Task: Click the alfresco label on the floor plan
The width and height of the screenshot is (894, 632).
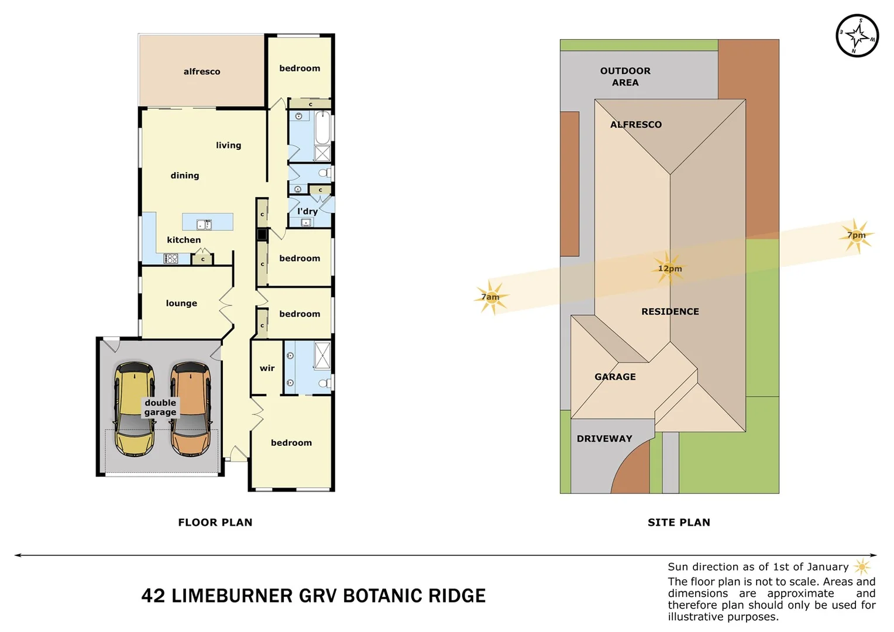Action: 202,71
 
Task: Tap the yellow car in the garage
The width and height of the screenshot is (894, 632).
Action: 135,409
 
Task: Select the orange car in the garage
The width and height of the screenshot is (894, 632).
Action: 191,409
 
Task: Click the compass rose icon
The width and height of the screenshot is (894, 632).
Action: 857,36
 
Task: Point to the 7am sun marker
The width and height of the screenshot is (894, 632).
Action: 491,297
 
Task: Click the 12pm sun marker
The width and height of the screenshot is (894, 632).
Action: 669,269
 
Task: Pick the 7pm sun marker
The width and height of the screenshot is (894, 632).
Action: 857,235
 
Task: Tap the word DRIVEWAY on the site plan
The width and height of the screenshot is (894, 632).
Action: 604,438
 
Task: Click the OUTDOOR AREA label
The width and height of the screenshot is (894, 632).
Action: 625,77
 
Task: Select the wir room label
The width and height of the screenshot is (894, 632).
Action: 267,368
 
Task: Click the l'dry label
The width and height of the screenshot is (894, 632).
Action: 308,211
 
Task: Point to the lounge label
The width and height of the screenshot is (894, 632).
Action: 181,303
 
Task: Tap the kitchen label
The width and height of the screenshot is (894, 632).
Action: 184,240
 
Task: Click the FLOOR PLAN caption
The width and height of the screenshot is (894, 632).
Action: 215,522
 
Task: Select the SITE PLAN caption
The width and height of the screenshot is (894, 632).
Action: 679,522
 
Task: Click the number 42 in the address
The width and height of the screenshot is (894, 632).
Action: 153,596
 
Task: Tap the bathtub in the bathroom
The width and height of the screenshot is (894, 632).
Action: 323,128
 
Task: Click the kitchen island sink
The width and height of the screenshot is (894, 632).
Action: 204,224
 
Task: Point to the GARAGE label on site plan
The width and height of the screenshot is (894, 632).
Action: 615,377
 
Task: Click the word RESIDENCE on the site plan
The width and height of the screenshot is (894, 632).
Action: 670,311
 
